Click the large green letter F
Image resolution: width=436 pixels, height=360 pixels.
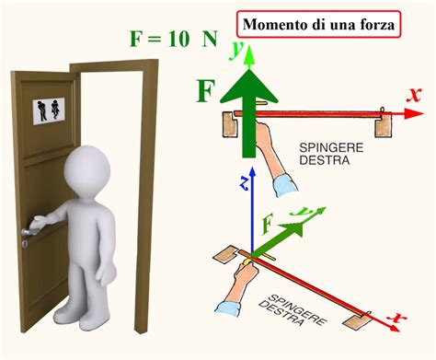[207, 92]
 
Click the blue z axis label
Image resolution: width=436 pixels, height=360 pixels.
[244, 183]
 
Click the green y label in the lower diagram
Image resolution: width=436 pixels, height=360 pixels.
[296, 213]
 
